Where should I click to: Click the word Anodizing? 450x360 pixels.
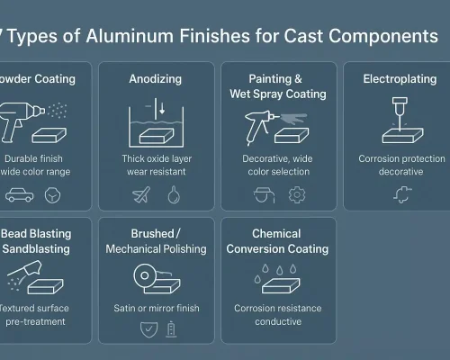155,79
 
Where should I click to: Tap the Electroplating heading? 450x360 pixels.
393,79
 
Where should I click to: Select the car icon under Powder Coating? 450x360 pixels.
19,193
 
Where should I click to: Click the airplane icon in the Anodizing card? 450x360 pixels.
140,193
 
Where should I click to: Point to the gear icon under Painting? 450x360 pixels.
296,193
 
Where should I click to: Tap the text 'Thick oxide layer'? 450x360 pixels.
155,157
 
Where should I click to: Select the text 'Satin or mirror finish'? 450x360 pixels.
155,308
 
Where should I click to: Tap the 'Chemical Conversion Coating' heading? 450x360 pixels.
275,240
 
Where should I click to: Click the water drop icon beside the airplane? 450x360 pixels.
173,193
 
